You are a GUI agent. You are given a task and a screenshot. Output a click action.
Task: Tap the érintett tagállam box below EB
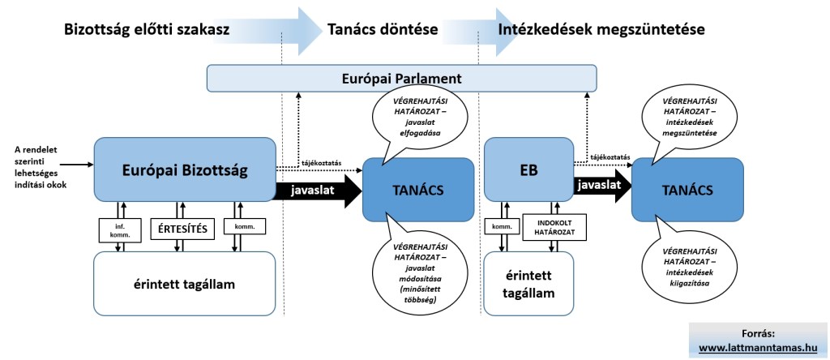[528, 285]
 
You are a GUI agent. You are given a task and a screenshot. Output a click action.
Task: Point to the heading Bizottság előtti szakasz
[147, 29]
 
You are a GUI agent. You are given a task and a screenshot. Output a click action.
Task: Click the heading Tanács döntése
[383, 29]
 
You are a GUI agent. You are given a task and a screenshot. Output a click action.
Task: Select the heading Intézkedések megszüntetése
[602, 29]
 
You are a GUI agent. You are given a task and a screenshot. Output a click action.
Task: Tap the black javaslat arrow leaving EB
[600, 186]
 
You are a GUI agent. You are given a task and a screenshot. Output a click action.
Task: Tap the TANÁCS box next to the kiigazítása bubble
[687, 191]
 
